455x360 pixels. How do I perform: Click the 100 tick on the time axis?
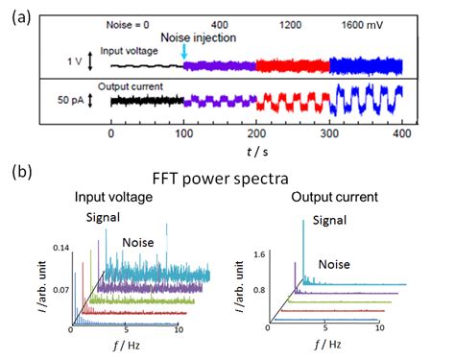pyautogui.click(x=183, y=135)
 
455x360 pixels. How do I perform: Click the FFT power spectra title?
pyautogui.click(x=227, y=180)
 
